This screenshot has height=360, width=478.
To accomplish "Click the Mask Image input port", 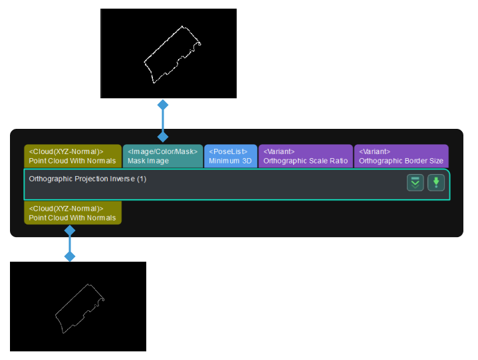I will point(163,156).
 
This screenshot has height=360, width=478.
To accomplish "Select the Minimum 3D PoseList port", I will point(230,156).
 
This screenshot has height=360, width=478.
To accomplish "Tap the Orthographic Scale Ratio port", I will point(305,156).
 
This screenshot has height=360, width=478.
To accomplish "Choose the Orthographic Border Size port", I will point(401,156).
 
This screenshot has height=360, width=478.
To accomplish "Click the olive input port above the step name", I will point(72,156).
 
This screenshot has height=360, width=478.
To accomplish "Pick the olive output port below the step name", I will point(72,213).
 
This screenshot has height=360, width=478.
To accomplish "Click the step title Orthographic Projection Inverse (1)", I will point(88,179).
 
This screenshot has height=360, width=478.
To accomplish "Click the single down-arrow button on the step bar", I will point(436,183).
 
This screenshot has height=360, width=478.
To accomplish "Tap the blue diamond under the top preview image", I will point(162,105).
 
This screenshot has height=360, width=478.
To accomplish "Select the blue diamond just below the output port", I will point(69,230).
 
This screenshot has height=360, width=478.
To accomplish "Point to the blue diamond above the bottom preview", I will point(69,256).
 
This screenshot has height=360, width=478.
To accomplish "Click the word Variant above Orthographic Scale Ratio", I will point(279,151).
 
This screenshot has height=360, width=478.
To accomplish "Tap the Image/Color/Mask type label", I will point(162,151).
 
